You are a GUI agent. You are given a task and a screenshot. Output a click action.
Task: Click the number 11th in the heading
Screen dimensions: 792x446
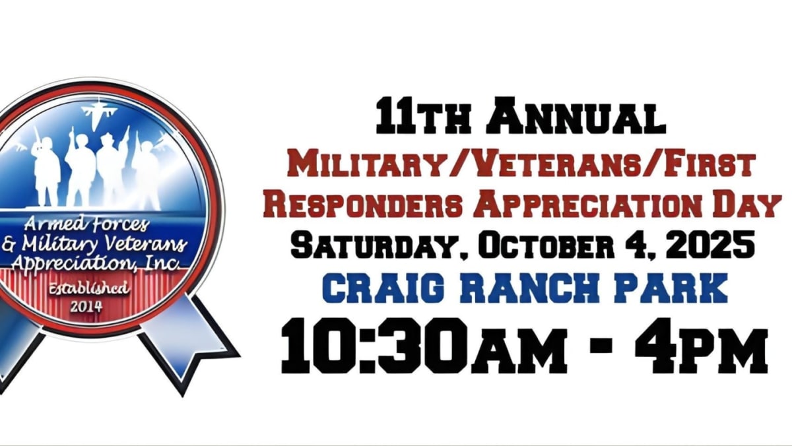(423, 115)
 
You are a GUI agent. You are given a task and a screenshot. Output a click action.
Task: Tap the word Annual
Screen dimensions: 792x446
(576, 115)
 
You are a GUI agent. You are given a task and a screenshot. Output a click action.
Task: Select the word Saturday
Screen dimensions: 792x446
(378, 245)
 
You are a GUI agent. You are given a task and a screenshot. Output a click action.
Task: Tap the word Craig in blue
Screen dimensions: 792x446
(383, 288)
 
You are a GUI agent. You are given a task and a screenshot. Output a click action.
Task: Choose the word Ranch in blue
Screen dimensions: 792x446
(530, 288)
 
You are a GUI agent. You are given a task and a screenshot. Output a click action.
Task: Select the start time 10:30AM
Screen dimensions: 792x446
(424, 346)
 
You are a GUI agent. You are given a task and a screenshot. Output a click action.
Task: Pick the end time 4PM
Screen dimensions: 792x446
(702, 346)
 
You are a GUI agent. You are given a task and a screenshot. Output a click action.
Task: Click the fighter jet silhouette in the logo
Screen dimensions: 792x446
(99, 112)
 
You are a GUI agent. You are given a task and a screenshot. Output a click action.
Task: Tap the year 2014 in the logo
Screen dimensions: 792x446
(86, 307)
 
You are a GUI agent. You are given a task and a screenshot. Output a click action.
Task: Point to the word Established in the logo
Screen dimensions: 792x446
(88, 289)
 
